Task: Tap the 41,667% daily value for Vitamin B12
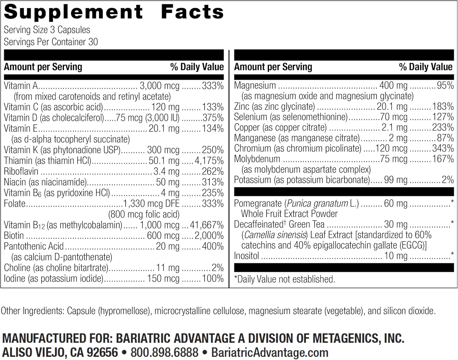point(207,225)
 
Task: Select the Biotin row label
point(14,236)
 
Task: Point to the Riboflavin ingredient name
point(21,171)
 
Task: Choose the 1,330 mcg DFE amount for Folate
point(151,204)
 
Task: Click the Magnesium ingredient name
point(255,86)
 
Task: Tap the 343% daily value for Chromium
point(443,149)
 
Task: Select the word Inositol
point(246,256)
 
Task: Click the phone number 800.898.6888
point(164,352)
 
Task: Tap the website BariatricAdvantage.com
point(270,352)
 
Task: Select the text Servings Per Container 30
point(51,42)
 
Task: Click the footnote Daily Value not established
point(286,279)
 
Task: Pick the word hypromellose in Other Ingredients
point(125,311)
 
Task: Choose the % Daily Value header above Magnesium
point(426,67)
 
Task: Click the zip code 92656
point(102,352)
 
